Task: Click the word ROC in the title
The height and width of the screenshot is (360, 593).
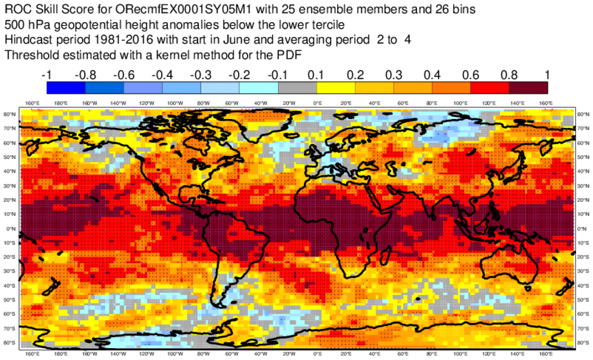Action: click(15, 9)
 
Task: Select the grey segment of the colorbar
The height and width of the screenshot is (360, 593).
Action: click(297, 88)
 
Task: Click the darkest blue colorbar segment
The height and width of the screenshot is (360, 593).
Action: click(66, 88)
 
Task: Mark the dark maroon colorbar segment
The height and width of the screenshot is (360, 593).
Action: click(528, 88)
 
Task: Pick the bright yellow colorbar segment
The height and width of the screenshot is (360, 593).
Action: click(335, 88)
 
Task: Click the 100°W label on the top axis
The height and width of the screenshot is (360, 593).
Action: click(175, 103)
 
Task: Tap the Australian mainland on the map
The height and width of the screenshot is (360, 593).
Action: click(510, 264)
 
